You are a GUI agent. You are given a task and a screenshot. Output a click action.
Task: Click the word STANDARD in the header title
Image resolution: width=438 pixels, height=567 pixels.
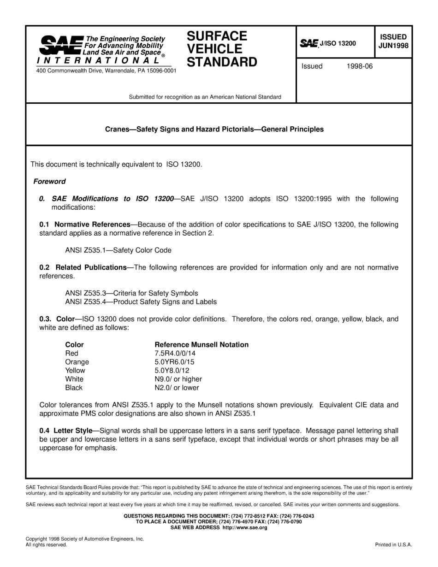coord(222,62)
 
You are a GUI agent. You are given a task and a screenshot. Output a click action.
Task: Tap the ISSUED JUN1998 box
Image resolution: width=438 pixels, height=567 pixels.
coord(393,41)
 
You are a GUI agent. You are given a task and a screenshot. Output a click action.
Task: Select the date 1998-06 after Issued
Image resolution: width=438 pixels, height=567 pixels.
coord(359,66)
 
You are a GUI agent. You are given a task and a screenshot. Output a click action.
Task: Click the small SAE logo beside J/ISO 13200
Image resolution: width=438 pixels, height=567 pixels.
coord(309,43)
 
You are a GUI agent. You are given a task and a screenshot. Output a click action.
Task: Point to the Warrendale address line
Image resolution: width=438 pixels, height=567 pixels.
coord(106,71)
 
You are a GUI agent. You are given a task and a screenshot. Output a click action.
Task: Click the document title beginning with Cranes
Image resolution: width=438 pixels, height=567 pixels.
coord(214,129)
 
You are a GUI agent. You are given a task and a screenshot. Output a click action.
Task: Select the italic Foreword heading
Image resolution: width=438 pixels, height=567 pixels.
coord(49,182)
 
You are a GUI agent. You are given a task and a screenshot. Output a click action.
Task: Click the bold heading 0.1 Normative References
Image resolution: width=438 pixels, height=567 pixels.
coord(85,224)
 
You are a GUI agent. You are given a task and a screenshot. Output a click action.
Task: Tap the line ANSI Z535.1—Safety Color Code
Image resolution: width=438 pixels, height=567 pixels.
coord(118,250)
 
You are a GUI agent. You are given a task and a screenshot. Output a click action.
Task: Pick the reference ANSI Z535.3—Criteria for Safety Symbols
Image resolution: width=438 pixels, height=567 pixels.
coord(131,293)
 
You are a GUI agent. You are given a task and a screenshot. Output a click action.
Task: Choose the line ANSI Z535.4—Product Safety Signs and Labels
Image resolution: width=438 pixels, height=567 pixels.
coord(141,302)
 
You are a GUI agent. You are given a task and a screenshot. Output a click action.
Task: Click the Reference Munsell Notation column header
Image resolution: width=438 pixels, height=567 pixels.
coord(201,345)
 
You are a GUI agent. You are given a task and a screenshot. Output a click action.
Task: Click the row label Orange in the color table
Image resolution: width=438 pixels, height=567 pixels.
coord(77,362)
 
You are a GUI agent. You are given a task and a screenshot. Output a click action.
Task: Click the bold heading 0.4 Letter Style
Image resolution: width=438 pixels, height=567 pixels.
coord(66,431)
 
